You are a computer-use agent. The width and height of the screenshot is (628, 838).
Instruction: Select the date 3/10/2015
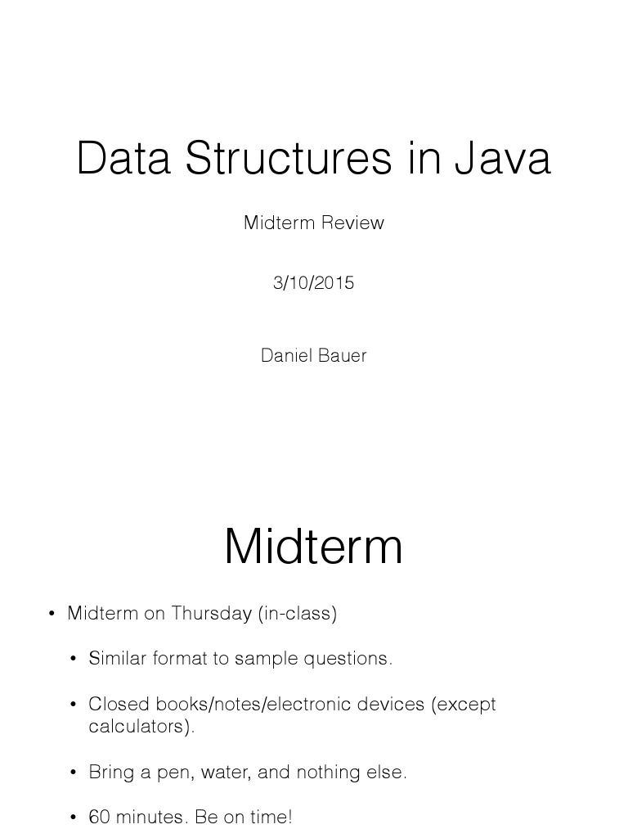pos(314,283)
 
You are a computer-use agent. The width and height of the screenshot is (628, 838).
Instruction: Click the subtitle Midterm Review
pos(314,223)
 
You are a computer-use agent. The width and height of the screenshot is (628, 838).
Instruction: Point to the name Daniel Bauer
pos(314,355)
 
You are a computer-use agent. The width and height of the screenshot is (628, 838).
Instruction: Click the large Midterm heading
pos(314,546)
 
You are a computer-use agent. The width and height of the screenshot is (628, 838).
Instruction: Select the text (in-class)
pos(298,613)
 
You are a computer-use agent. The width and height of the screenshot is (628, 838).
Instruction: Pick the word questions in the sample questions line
pos(352,658)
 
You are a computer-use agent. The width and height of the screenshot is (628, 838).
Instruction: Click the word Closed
pos(115,704)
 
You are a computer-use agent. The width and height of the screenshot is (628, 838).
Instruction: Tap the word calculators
pos(141,727)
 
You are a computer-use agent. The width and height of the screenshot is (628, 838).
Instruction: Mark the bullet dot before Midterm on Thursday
pos(52,614)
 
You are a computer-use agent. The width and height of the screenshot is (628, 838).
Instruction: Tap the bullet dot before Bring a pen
pos(74,773)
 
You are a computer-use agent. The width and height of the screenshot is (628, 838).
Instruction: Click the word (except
pos(464,704)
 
